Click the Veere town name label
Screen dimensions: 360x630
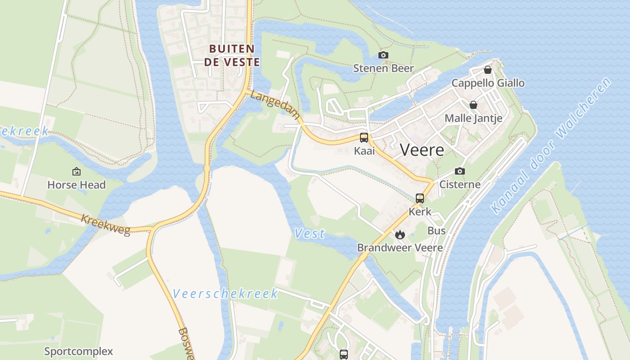click(422, 150)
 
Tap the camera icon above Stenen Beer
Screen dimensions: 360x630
click(383, 55)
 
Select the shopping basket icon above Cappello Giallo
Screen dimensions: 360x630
click(487, 70)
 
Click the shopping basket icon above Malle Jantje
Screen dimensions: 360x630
click(473, 105)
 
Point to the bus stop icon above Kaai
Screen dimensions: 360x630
click(364, 138)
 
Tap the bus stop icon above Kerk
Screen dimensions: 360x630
click(420, 198)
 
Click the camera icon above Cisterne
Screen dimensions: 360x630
click(459, 171)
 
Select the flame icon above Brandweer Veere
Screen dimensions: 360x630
click(400, 234)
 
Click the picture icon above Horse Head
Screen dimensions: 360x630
click(76, 171)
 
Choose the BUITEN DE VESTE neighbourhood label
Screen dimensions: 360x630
click(232, 55)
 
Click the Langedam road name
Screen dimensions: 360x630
click(275, 105)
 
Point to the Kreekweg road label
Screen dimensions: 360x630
click(106, 225)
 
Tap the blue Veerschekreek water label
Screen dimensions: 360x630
click(225, 294)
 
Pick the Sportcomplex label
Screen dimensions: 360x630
click(78, 351)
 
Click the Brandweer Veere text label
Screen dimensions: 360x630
click(400, 247)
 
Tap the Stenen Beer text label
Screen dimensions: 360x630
click(383, 68)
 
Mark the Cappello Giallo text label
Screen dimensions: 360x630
click(488, 83)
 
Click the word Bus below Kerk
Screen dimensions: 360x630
click(436, 231)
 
